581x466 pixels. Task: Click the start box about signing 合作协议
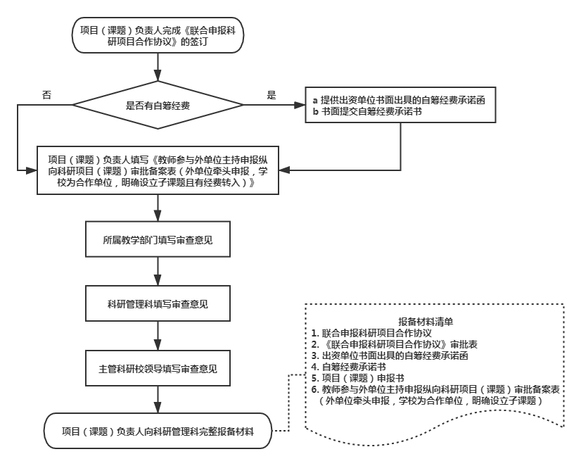[x=158, y=35]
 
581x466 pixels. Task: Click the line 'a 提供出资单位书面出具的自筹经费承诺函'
[x=399, y=100]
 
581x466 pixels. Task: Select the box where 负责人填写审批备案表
[x=158, y=171]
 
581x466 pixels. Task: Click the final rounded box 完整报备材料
[x=158, y=431]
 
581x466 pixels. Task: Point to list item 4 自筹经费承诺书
[x=348, y=367]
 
